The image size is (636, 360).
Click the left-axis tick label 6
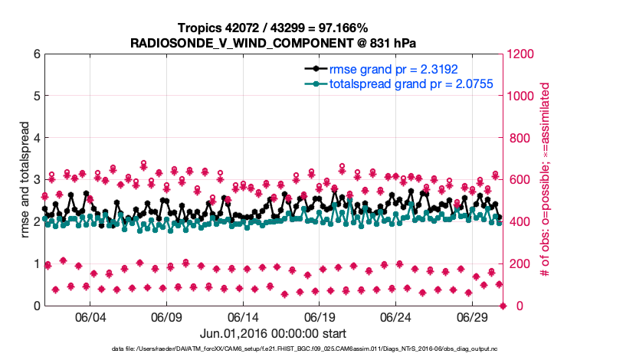coord(36,54)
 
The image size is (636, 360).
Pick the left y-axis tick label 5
coord(36,97)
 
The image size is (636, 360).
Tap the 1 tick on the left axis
coord(36,263)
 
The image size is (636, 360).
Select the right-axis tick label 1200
coord(525,54)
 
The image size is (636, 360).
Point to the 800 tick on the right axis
coord(522,138)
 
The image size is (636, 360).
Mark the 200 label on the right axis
coord(522,263)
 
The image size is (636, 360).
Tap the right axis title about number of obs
coord(546,180)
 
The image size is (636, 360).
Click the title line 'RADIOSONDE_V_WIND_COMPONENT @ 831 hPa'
coord(274,42)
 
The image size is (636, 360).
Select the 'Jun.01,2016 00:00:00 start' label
coord(274,333)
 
